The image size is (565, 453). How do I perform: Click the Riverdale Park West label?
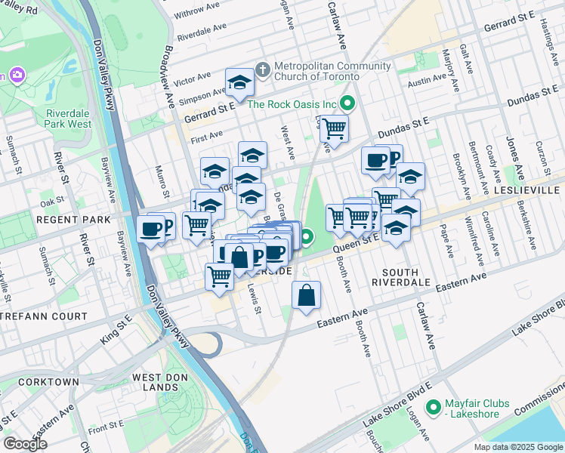click(x=68, y=119)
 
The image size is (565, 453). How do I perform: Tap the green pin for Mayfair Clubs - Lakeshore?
click(x=433, y=408)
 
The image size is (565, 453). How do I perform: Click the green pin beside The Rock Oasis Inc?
click(x=348, y=103)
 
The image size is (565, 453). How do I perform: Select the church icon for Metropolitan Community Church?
click(x=262, y=70)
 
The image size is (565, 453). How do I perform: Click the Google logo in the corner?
click(x=26, y=444)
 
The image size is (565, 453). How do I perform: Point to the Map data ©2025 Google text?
click(x=517, y=447)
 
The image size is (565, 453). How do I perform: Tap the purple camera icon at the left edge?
click(x=16, y=75)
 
